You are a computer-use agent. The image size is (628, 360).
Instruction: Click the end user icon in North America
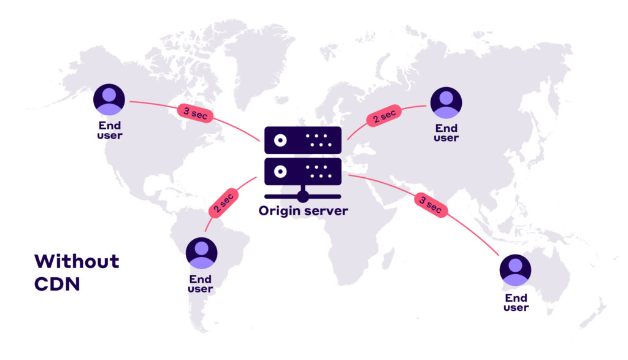click(x=109, y=99)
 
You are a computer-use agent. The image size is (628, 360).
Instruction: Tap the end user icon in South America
click(x=202, y=253)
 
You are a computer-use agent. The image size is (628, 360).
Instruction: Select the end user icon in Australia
click(x=515, y=270)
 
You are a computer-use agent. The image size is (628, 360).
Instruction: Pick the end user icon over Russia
click(x=446, y=102)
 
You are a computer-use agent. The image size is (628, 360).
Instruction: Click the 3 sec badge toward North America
click(x=194, y=112)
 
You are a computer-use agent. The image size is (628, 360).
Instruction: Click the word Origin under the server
click(x=280, y=211)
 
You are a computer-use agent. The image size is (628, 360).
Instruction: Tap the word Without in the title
click(x=77, y=261)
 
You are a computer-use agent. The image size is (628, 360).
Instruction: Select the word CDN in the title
click(x=58, y=285)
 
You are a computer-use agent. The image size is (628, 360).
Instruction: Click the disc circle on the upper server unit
click(x=280, y=140)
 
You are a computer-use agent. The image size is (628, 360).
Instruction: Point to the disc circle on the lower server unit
click(x=280, y=171)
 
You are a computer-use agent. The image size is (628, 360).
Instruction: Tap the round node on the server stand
click(x=302, y=196)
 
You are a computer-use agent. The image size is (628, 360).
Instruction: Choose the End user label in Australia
click(x=516, y=303)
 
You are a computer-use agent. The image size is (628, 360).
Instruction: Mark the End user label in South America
click(x=201, y=285)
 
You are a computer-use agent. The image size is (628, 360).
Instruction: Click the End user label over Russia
click(x=446, y=133)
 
